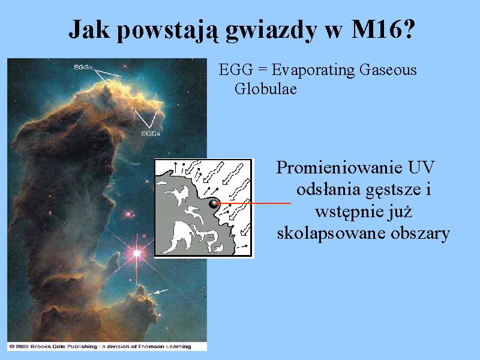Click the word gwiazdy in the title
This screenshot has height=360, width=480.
(271, 30)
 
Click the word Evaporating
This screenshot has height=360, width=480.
(313, 70)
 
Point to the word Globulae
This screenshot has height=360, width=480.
(266, 89)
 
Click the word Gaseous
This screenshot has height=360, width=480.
(388, 70)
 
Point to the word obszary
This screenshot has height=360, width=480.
(420, 234)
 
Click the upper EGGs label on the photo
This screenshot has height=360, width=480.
(83, 67)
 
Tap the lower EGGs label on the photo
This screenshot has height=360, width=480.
(151, 133)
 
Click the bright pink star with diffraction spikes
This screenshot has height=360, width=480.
(137, 253)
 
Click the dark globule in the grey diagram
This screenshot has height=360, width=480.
(213, 203)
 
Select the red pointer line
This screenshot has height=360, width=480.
(254, 203)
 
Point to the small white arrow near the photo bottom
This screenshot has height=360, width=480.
(160, 292)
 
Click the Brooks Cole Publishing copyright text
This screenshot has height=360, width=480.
(100, 347)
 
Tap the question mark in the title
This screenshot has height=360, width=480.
(408, 28)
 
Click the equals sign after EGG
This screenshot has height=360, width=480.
(262, 71)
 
